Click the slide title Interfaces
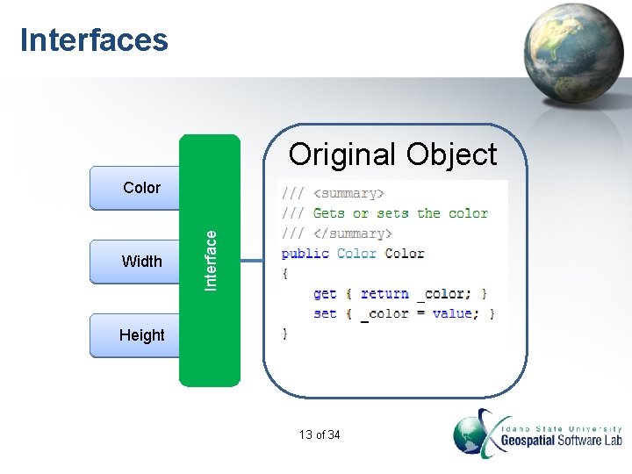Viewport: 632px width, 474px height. click(94, 40)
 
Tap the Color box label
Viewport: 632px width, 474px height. click(141, 188)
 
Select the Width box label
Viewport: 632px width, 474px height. click(141, 261)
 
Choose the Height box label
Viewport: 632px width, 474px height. click(141, 334)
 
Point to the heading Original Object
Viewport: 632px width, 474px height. click(392, 154)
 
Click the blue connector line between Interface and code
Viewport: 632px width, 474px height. click(252, 260)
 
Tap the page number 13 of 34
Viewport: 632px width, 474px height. click(320, 435)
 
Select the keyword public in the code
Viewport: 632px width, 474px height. click(305, 254)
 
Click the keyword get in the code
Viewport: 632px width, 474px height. click(325, 294)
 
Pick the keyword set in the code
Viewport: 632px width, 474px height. click(325, 313)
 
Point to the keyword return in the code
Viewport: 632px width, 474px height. click(384, 294)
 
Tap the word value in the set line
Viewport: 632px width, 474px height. click(452, 313)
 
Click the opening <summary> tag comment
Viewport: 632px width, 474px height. click(349, 193)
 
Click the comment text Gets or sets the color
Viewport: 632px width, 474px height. click(400, 213)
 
